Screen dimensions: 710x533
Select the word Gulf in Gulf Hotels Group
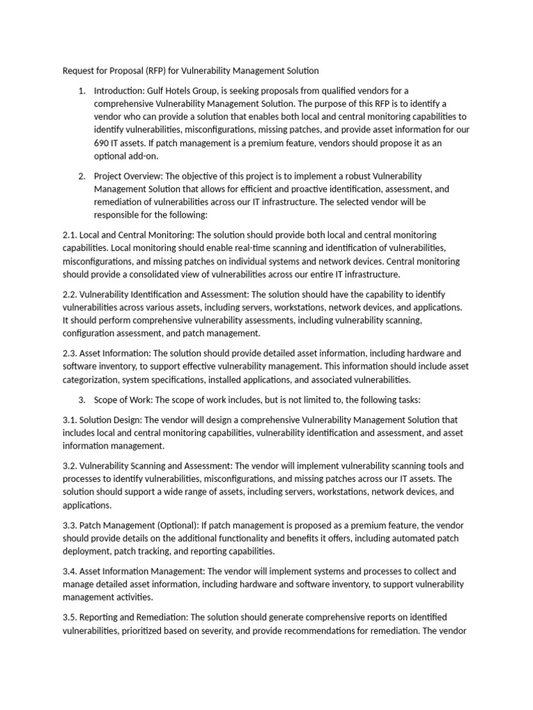[158, 91]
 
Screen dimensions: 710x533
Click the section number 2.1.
[71, 235]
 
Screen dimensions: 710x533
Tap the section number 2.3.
[71, 353]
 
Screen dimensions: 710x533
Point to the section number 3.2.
[71, 465]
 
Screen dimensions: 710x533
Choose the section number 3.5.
[71, 617]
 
